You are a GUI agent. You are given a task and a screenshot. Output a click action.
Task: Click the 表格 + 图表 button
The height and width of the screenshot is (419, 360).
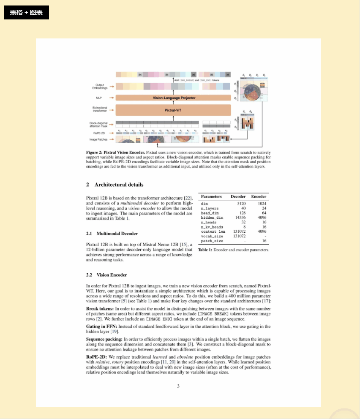coord(26,13)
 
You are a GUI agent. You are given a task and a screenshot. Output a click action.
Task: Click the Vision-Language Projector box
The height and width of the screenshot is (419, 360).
coord(174,98)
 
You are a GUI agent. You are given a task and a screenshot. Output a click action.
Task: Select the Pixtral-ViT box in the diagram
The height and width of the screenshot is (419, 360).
coord(174,110)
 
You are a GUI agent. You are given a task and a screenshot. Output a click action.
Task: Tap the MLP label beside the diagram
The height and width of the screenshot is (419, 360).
coord(99,98)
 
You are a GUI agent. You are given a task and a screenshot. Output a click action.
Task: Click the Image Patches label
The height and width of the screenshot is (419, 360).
coord(98,139)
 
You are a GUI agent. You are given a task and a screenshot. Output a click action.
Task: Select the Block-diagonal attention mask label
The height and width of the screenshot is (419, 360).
coord(98,125)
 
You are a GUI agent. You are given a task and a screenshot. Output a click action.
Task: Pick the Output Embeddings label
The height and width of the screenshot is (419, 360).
coord(100,87)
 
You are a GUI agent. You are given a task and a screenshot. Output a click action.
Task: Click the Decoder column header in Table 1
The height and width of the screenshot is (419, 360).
coord(238,196)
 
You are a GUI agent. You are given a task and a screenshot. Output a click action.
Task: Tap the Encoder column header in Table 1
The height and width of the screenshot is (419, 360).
coord(259,196)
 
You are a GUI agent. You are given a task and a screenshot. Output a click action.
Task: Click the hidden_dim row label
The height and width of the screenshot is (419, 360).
coord(212,218)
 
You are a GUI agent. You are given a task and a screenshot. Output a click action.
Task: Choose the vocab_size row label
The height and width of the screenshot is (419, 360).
coord(212,236)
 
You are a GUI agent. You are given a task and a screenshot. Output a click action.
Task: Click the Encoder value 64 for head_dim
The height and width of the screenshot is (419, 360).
coord(264,213)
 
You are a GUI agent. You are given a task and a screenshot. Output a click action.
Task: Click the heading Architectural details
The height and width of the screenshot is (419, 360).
coord(119,185)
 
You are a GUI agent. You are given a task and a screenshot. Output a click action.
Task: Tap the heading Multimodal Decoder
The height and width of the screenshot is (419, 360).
coord(117,233)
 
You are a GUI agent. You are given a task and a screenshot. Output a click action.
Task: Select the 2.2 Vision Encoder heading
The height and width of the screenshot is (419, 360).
coord(106,275)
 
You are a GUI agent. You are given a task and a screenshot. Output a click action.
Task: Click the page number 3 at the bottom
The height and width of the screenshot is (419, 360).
coord(178,386)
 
